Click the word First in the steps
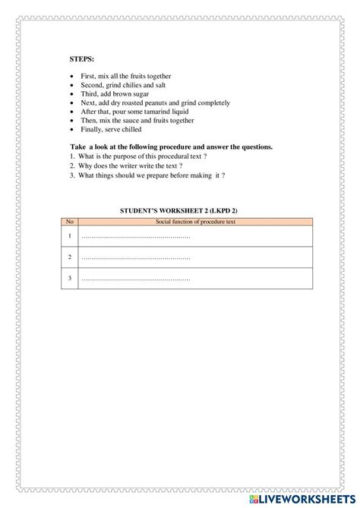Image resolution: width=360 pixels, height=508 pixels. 88,76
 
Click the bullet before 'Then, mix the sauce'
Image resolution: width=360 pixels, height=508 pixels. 71,120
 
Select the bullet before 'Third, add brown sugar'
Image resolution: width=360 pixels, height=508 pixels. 71,93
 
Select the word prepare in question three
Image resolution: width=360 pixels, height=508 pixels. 164,175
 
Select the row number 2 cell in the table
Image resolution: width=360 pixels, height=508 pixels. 70,257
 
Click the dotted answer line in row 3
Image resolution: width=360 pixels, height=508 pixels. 135,279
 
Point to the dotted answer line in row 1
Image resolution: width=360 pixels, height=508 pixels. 135,236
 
